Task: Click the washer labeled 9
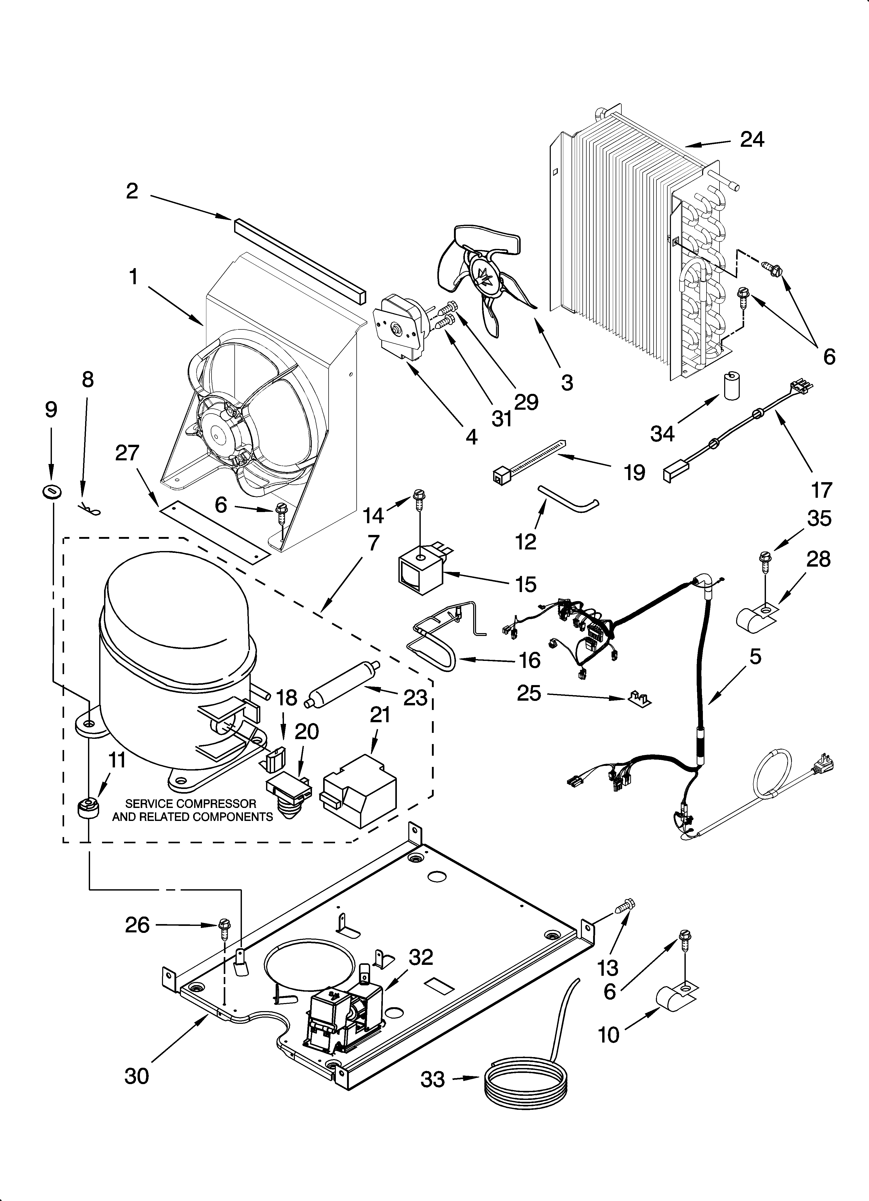click(51, 492)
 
